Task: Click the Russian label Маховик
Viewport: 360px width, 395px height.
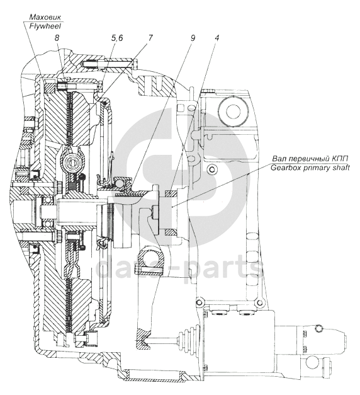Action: pos(45,17)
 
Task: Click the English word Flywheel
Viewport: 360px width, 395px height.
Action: pos(45,26)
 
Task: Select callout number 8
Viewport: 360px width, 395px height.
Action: pos(57,38)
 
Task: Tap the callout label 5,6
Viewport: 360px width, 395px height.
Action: pos(117,38)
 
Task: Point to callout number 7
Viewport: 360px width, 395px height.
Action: pos(150,38)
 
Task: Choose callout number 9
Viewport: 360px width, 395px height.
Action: pos(193,38)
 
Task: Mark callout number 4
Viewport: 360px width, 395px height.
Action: pos(217,38)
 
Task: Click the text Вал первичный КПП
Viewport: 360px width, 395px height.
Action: pos(310,159)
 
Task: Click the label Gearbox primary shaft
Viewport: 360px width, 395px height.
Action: pos(310,168)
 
